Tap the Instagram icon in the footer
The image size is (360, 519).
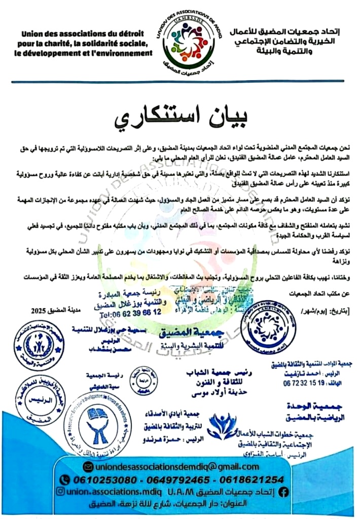(x=60, y=492)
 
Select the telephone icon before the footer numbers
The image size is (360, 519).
(x=64, y=479)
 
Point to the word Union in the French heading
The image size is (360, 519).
(x=35, y=34)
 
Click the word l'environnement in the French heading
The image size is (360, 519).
(x=123, y=53)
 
